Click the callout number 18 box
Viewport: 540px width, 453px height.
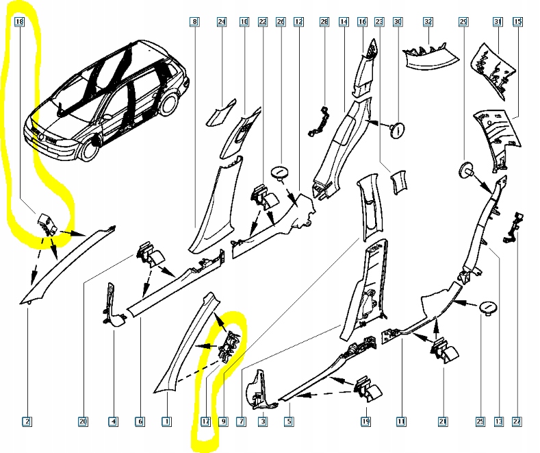[19, 23]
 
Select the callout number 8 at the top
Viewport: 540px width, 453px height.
[195, 23]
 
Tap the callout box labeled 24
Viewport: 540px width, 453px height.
[221, 23]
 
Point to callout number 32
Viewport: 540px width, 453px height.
[428, 23]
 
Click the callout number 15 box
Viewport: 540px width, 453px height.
[517, 23]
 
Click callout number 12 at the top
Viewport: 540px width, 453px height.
[298, 23]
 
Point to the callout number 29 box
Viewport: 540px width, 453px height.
[463, 23]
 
